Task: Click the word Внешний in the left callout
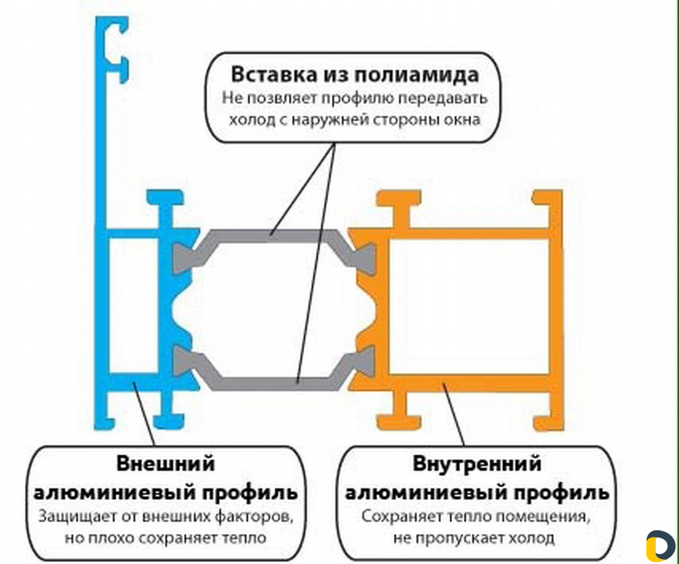[x=166, y=464]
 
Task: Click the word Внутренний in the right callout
[x=477, y=464]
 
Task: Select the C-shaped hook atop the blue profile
[x=116, y=48]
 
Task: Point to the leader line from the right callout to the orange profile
[x=453, y=414]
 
